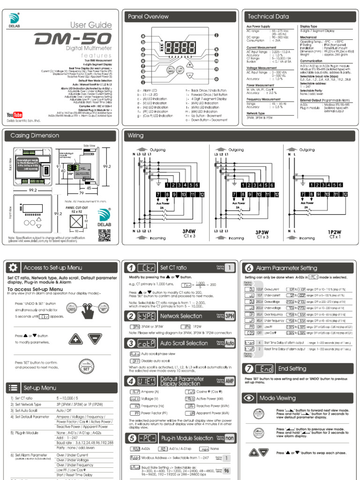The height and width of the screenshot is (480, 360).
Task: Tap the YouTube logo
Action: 15,115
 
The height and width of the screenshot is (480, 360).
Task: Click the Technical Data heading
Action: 268,16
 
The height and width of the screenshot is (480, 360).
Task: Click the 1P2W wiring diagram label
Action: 335,232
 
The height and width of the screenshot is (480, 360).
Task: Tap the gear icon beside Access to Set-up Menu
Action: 13,267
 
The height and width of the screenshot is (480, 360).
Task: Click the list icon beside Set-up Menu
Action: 13,387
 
